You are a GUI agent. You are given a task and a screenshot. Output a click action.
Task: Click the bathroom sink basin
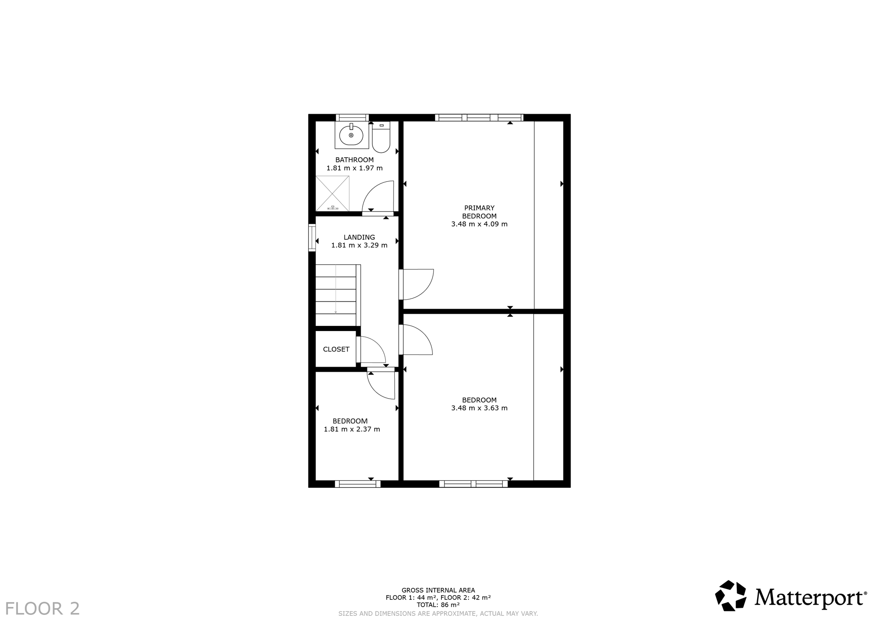pos(351,135)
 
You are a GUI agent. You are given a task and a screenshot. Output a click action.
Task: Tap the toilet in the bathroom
pos(381,137)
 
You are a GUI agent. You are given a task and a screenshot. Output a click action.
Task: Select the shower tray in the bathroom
pos(332,193)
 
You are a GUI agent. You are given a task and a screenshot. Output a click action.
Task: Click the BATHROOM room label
pos(355,160)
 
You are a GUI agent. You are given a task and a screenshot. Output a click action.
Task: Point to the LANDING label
pos(359,237)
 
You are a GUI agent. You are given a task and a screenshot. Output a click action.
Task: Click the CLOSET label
pos(336,349)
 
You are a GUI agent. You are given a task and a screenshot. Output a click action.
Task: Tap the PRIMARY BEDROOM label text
pos(479,212)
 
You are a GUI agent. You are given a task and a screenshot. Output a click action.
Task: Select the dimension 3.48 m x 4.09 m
pos(479,224)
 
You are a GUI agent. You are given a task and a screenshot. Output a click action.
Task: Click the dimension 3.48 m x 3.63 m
pos(479,408)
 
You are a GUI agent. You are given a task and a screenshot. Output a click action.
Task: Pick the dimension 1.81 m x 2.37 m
pos(352,429)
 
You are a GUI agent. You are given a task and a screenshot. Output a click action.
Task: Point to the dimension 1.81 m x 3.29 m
pos(359,245)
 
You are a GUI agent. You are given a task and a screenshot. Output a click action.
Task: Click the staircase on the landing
pos(338,295)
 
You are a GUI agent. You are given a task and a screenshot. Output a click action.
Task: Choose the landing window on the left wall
pos(312,238)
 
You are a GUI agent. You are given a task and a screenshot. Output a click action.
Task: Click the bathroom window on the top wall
pos(352,117)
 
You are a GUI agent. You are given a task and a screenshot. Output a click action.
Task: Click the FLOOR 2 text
pos(42,608)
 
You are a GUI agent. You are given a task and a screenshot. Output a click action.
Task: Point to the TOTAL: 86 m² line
pos(438,605)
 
